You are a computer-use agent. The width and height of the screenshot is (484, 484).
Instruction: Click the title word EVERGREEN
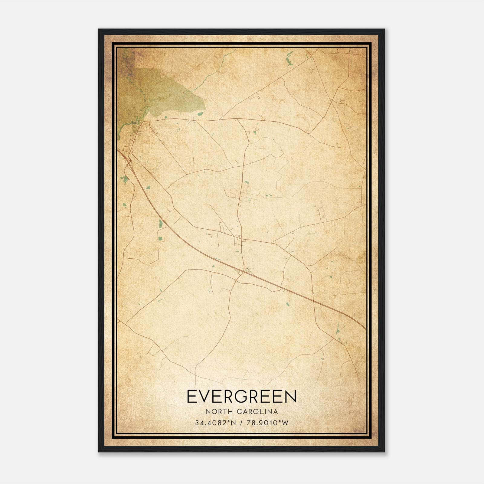242,397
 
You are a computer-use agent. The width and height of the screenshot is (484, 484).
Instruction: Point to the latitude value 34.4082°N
215,423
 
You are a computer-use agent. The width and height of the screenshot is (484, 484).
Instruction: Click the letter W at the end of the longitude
285,423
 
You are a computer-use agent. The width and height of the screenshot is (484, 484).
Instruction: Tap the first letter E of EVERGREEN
192,397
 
